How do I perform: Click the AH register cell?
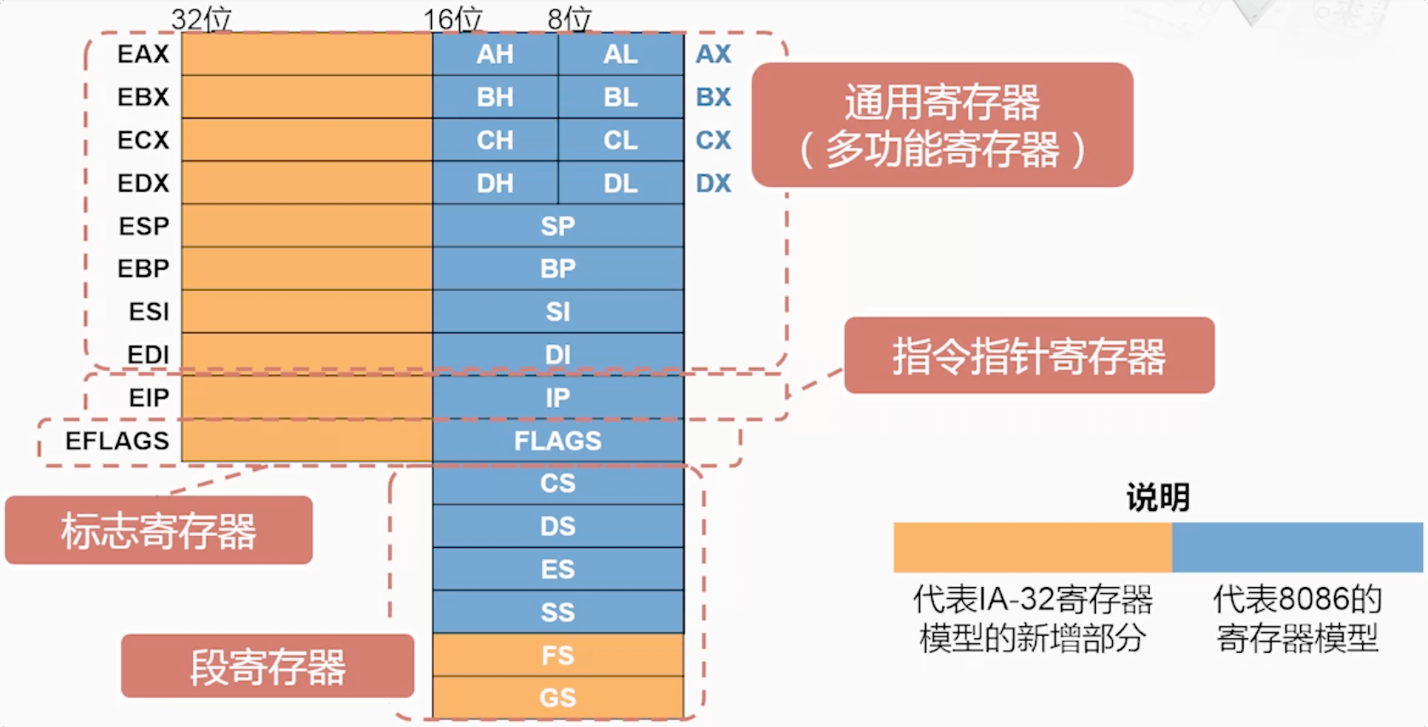pyautogui.click(x=495, y=55)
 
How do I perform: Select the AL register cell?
pyautogui.click(x=621, y=55)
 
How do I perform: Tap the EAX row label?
pyautogui.click(x=143, y=55)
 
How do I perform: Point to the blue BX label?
pyautogui.click(x=714, y=97)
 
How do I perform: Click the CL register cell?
pyautogui.click(x=621, y=140)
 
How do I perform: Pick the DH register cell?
pyautogui.click(x=495, y=183)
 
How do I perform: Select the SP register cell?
pyautogui.click(x=557, y=226)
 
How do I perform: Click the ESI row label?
pyautogui.click(x=149, y=311)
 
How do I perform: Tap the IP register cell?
pyautogui.click(x=557, y=398)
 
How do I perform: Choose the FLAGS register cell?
pyautogui.click(x=557, y=440)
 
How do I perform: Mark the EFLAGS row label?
pyautogui.click(x=118, y=440)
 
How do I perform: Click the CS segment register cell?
pyautogui.click(x=557, y=483)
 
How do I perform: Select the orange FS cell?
pyautogui.click(x=557, y=655)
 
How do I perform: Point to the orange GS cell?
pyautogui.click(x=557, y=698)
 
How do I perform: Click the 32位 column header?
pyautogui.click(x=201, y=19)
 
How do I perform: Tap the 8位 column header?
pyautogui.click(x=569, y=19)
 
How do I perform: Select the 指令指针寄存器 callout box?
pyautogui.click(x=1029, y=356)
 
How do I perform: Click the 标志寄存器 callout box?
pyautogui.click(x=159, y=530)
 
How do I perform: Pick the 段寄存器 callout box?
pyautogui.click(x=267, y=666)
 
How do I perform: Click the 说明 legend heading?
pyautogui.click(x=1157, y=497)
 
